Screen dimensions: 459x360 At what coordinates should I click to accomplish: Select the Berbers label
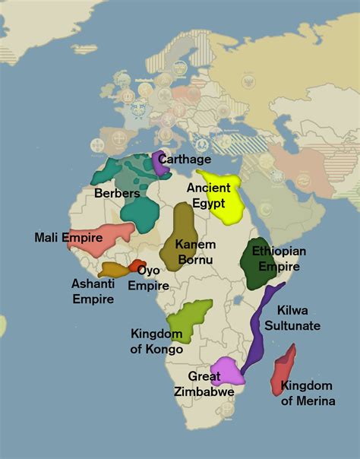tap(117, 194)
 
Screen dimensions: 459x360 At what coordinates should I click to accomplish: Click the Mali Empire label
tap(68, 238)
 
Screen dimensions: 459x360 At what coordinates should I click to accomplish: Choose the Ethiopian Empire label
tap(279, 258)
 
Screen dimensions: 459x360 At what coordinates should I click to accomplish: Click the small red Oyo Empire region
tap(137, 266)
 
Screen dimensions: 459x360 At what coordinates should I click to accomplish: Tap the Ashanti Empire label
tap(93, 291)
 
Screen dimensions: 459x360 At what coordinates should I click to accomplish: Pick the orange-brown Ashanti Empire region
tap(114, 269)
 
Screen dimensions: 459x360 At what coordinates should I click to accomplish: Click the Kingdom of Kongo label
tap(157, 341)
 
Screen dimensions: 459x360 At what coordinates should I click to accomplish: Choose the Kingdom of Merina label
tap(308, 393)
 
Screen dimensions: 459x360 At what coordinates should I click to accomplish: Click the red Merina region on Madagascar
tap(283, 370)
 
